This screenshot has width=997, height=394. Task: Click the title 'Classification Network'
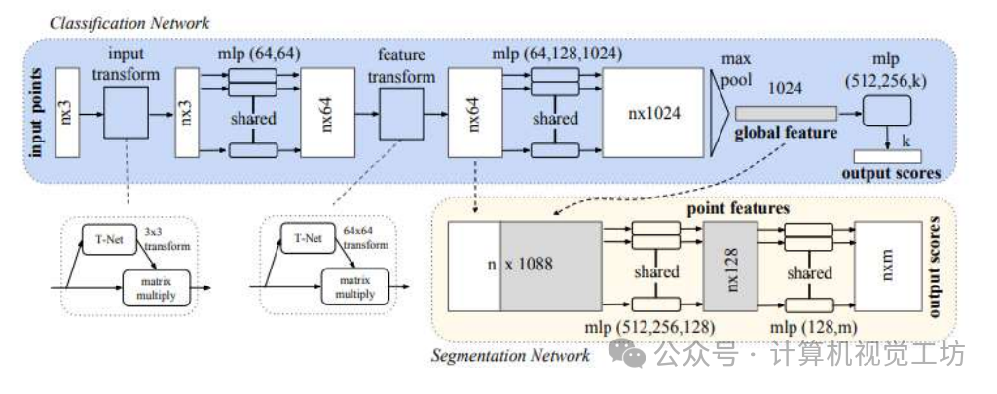point(129,24)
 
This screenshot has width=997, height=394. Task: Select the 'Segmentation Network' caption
point(510,354)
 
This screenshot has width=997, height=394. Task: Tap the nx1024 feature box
point(653,113)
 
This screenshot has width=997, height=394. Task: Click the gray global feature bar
point(786,113)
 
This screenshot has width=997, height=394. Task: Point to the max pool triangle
point(720,113)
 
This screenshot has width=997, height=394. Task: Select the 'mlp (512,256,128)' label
point(649,327)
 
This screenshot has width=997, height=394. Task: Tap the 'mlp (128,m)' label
point(812,327)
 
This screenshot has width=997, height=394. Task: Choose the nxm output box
point(888,267)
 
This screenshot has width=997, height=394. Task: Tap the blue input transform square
point(127,113)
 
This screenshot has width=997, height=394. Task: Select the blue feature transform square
point(401,113)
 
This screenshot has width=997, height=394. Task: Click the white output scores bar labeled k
point(887,157)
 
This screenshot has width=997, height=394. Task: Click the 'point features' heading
point(738,208)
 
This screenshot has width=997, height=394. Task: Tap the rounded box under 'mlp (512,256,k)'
point(887,111)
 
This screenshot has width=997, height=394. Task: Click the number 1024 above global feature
point(785,90)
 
